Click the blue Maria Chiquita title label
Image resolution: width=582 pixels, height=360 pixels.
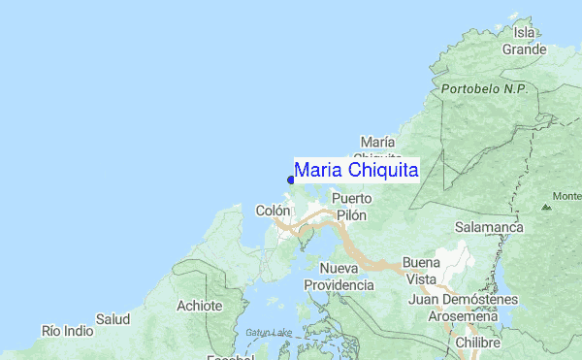tap(356, 171)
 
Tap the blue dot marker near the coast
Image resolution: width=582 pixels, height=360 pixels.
tap(291, 179)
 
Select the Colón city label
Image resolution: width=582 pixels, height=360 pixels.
tap(273, 211)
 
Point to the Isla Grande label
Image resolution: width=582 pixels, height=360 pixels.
tap(523, 40)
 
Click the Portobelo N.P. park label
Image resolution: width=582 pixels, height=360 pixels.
tap(483, 88)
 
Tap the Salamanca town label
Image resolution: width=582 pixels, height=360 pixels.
tap(490, 227)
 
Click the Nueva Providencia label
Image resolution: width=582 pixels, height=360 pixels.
tap(339, 277)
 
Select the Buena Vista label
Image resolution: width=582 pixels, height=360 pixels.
tap(420, 271)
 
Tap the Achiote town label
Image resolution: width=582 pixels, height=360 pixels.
tap(200, 306)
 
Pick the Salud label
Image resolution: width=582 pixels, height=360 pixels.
tap(113, 318)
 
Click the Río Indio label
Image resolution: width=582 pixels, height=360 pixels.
tap(67, 331)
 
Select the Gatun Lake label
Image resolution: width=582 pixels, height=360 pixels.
tap(268, 333)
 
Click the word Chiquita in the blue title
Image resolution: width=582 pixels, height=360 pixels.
tap(382, 171)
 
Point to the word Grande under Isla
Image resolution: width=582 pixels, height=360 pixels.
tap(523, 49)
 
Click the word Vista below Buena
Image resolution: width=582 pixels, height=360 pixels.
tap(420, 279)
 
